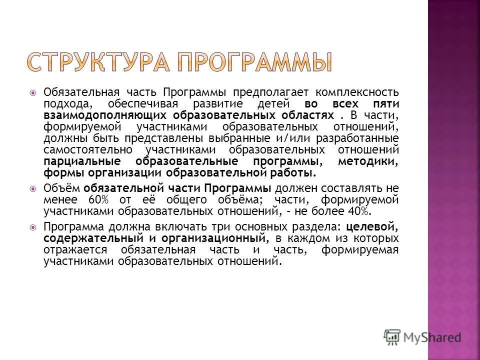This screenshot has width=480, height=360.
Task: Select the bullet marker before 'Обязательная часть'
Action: tap(32, 92)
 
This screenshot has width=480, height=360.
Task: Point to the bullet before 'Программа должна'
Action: tap(32, 226)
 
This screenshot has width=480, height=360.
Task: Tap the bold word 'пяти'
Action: tap(386, 104)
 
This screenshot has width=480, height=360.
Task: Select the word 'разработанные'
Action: tap(365, 138)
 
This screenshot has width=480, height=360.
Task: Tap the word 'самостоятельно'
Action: tap(87, 150)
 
